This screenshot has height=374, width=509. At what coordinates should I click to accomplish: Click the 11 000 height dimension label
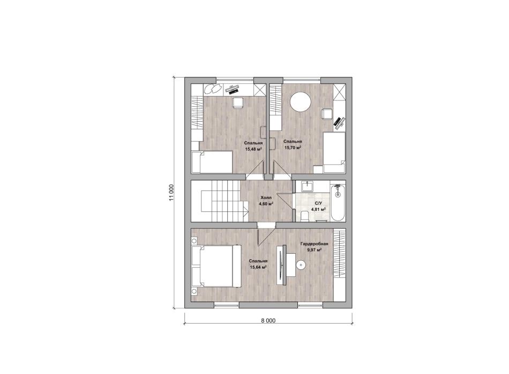click(x=171, y=193)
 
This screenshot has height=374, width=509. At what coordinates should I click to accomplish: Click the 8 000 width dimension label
click(x=268, y=320)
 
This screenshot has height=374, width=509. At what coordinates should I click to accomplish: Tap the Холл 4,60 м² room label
click(x=266, y=201)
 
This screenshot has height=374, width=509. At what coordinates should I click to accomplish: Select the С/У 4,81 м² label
click(x=318, y=206)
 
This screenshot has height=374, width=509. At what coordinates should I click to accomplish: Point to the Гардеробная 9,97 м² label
click(x=315, y=246)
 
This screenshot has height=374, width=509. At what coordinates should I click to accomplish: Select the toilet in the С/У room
click(x=304, y=216)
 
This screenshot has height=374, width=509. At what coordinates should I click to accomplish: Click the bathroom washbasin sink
click(x=307, y=186)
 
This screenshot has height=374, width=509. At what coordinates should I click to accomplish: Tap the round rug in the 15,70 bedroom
click(x=301, y=101)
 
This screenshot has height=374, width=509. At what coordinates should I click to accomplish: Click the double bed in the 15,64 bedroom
click(x=216, y=266)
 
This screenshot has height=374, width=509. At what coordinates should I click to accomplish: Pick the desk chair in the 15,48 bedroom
click(x=237, y=102)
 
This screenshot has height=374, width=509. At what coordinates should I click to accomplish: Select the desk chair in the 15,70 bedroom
click(x=326, y=114)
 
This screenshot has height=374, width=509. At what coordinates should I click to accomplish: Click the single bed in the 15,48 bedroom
click(x=212, y=162)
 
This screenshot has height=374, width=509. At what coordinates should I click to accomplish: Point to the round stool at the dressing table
click(x=301, y=265)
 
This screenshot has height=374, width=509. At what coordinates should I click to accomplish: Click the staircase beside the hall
click(x=220, y=201)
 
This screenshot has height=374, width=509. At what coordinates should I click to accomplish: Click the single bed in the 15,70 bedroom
click(x=334, y=152)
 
